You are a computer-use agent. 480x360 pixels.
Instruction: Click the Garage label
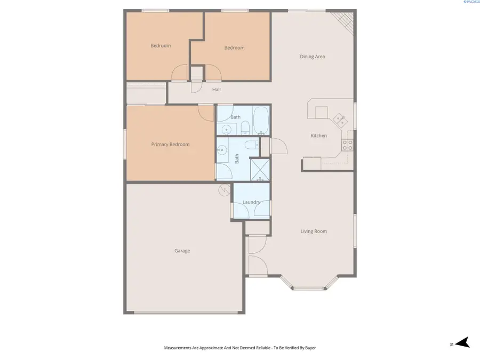182,251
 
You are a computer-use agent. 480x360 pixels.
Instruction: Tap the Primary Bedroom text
170,145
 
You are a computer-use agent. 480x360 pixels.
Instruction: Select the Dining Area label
312,57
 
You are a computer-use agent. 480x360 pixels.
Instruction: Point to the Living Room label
314,231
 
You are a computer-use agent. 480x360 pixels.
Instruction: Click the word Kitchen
318,136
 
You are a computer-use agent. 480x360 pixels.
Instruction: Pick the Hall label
216,90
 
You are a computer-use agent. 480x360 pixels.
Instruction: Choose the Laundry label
251,202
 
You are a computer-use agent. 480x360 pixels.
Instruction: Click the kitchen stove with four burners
347,143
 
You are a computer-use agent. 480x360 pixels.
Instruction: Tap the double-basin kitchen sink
339,119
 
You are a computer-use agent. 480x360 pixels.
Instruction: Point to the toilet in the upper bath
245,127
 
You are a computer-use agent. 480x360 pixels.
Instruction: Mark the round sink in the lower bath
221,151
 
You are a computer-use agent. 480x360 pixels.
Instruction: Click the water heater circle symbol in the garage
225,188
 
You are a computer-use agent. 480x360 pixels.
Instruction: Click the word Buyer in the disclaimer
309,348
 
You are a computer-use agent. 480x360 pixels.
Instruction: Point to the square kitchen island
321,113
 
